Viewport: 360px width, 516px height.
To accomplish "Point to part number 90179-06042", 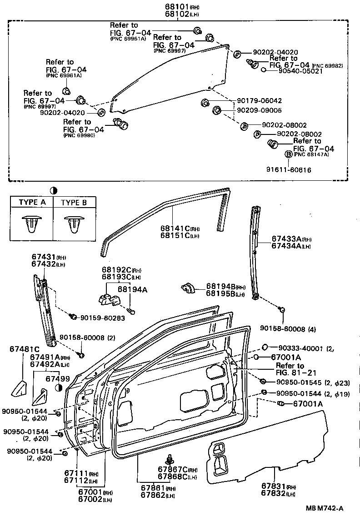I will pyautogui.click(x=259, y=101).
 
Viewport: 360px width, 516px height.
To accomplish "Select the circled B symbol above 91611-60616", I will pyautogui.click(x=288, y=154).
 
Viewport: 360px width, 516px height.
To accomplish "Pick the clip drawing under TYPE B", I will pyautogui.click(x=74, y=223).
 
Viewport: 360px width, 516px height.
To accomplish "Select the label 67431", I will pyautogui.click(x=43, y=257).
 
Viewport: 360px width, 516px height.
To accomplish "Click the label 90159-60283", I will pyautogui.click(x=102, y=318).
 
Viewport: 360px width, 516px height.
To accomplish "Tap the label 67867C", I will pyautogui.click(x=172, y=469).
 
